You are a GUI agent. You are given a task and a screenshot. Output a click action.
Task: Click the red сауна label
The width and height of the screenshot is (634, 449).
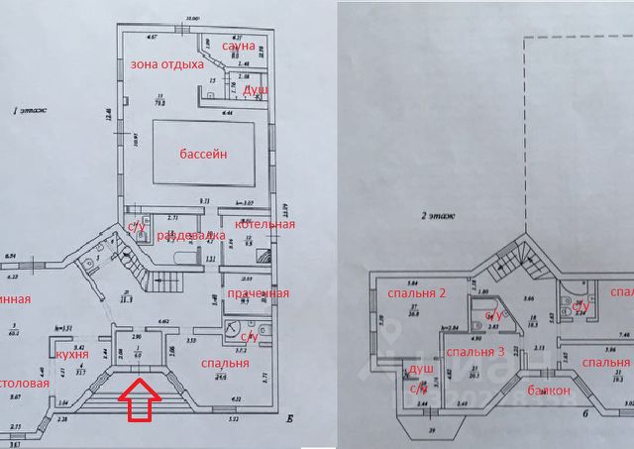click(239, 46)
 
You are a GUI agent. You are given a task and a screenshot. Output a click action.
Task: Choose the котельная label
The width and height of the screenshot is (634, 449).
click(264, 224)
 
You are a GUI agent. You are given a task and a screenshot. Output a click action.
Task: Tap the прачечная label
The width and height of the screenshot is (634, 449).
click(258, 293)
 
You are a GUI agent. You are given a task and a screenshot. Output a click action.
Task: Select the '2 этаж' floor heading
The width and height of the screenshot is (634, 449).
click(436, 212)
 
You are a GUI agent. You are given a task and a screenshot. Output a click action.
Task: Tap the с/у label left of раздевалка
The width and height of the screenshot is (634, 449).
click(136, 224)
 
